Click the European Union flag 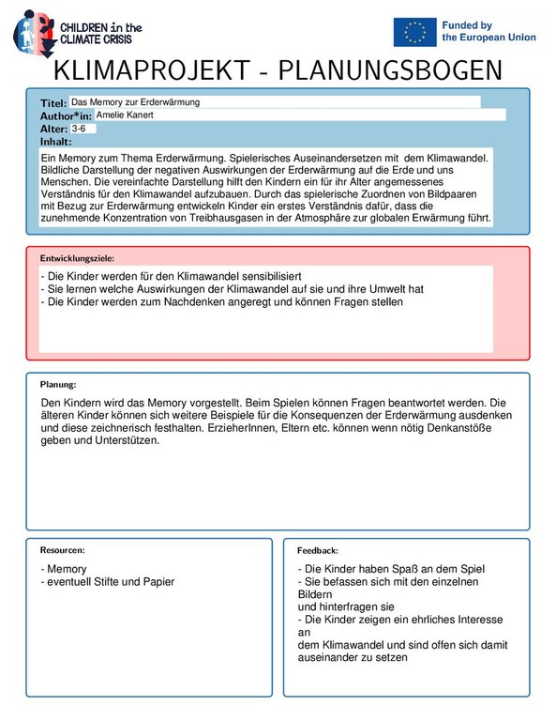tap(414, 32)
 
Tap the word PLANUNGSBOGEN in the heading tap(390, 71)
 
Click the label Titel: tap(53, 102)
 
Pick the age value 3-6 tap(78, 128)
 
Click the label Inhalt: tap(55, 141)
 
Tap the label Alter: tap(54, 129)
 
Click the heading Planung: tap(57, 384)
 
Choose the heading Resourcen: tap(62, 549)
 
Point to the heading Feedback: tap(317, 550)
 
